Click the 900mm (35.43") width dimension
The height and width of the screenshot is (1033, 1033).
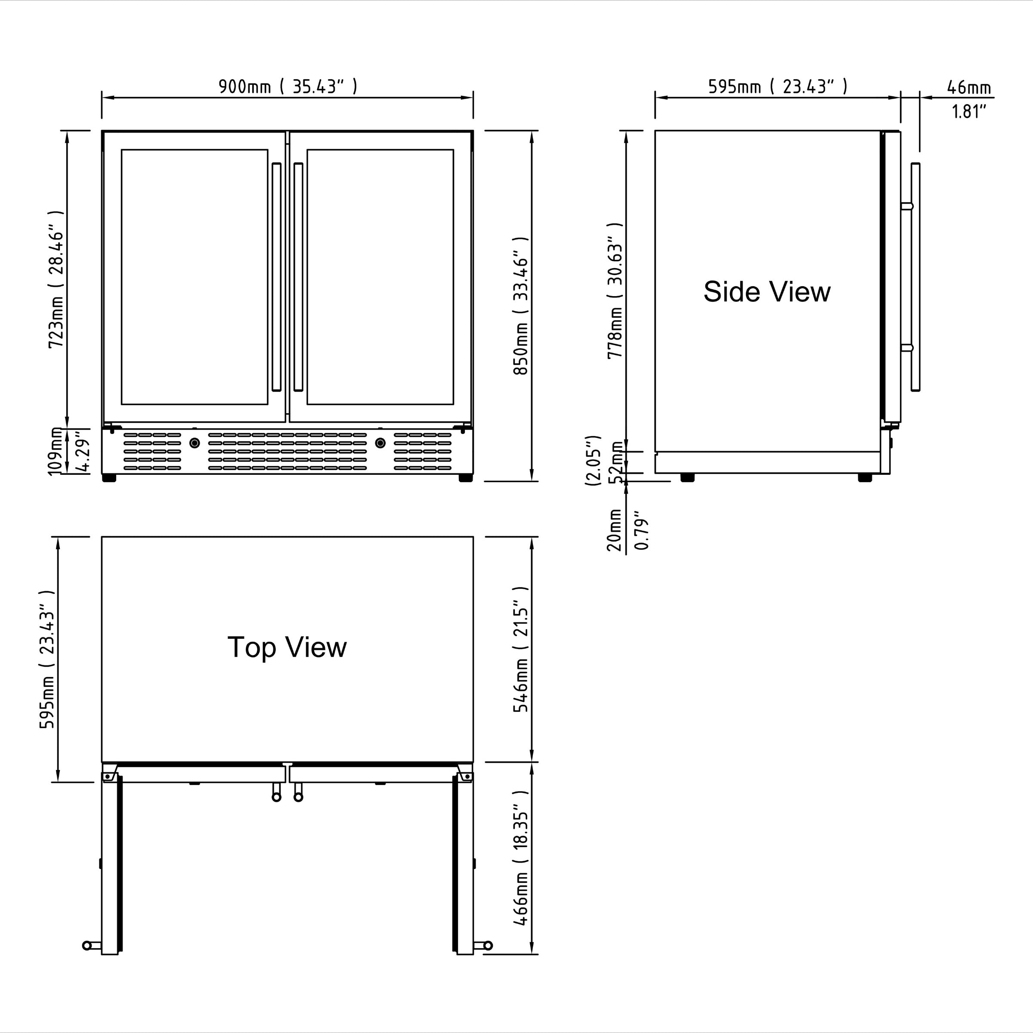click(288, 86)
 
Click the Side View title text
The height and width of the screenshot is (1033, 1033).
click(766, 292)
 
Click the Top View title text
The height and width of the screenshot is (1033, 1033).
click(287, 647)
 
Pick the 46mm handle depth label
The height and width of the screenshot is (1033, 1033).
click(968, 87)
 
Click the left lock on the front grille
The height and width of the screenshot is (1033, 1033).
click(195, 443)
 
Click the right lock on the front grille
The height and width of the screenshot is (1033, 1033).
click(380, 443)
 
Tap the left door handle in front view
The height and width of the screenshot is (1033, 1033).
click(276, 277)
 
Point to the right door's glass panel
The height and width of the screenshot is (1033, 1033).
click(380, 277)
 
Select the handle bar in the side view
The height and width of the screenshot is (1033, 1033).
click(915, 277)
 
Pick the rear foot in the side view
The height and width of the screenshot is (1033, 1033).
click(688, 477)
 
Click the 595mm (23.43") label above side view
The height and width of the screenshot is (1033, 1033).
click(777, 86)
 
